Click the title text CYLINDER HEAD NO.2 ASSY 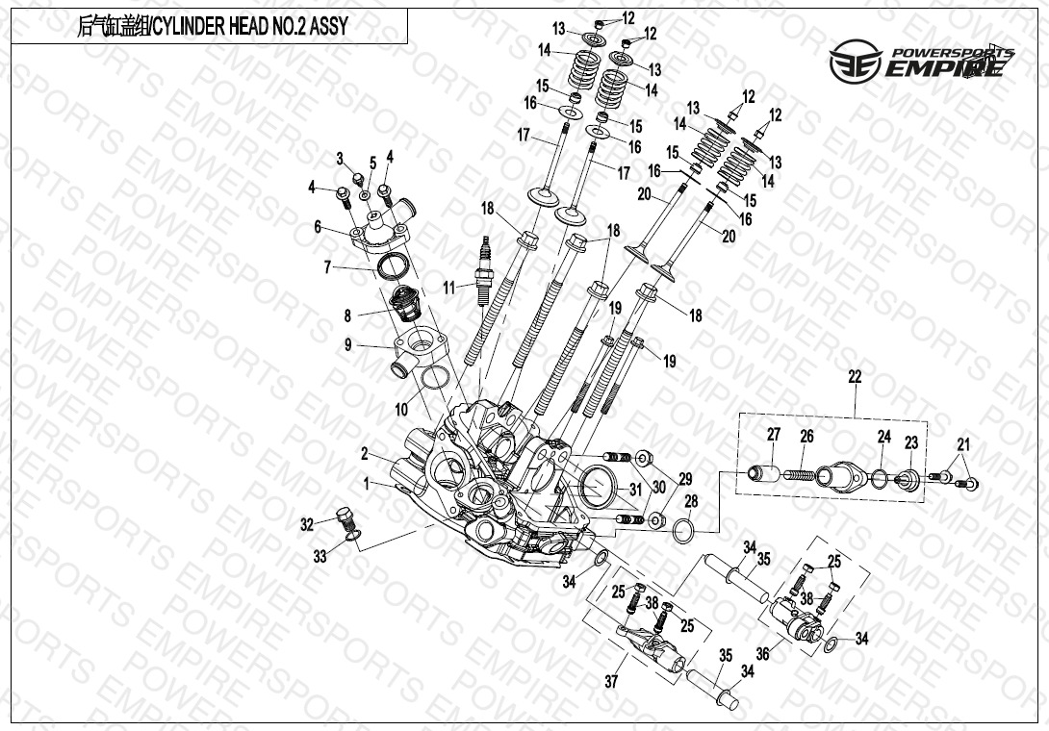tap(213, 27)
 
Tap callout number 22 tap(855, 377)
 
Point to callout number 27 tap(773, 435)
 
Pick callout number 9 tap(347, 344)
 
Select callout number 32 tap(307, 524)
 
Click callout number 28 tap(691, 500)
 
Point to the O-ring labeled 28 tap(685, 528)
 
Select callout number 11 tap(448, 287)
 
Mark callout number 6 tap(317, 227)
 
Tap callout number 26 tap(806, 437)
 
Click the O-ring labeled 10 tap(435, 377)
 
